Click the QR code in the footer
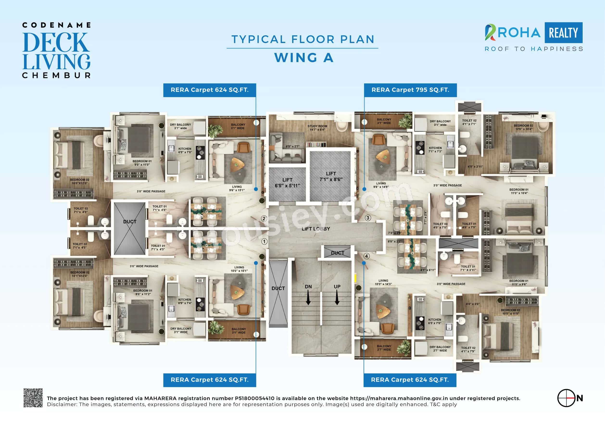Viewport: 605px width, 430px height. (x=33, y=398)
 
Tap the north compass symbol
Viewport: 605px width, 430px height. (x=566, y=398)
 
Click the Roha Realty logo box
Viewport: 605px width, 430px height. (x=563, y=32)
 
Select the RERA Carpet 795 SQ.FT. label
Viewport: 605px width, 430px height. (x=410, y=90)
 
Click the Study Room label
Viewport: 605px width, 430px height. (x=317, y=128)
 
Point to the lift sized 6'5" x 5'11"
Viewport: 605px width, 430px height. (x=287, y=183)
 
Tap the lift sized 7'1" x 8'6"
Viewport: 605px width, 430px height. (x=331, y=177)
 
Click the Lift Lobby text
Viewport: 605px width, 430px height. (x=316, y=229)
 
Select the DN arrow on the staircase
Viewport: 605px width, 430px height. (x=308, y=297)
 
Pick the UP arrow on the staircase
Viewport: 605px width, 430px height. (x=337, y=297)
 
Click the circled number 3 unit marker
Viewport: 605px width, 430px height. (x=368, y=218)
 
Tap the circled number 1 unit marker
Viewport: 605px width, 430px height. (x=264, y=242)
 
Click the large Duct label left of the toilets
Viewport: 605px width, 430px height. (x=130, y=222)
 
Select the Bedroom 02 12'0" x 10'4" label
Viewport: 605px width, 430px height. (x=523, y=127)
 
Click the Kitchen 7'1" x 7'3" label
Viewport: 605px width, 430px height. (x=435, y=150)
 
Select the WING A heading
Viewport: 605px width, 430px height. (x=304, y=58)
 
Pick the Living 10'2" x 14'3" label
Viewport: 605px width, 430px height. (x=383, y=282)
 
